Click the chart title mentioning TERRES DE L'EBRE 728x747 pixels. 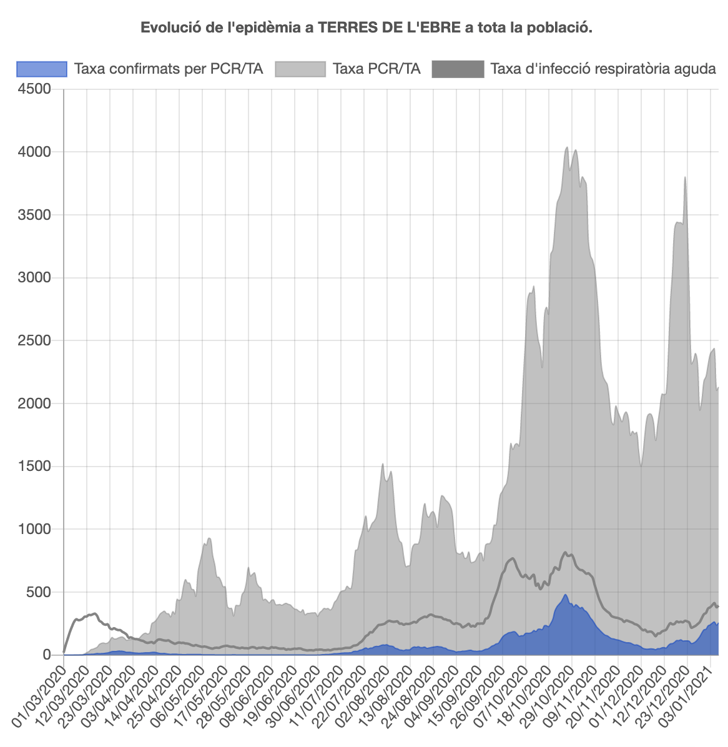[366, 28]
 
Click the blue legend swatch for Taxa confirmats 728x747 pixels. [41, 69]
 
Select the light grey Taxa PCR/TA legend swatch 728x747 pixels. [300, 69]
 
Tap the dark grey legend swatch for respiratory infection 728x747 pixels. [458, 69]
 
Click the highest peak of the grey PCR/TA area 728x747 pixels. [566, 147]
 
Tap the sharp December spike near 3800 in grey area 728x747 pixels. [685, 177]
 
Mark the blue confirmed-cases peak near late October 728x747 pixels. [566, 595]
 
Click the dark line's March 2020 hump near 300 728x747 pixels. [94, 613]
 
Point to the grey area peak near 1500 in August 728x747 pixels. [383, 464]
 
